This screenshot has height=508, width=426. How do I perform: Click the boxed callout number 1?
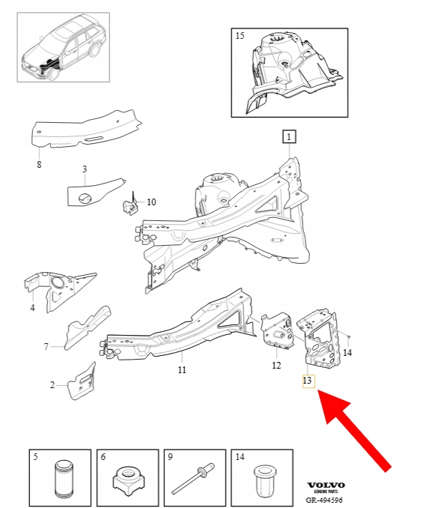pyautogui.click(x=289, y=136)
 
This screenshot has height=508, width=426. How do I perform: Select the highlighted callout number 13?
pyautogui.click(x=308, y=381)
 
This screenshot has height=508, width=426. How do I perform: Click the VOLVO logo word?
pyautogui.click(x=326, y=485)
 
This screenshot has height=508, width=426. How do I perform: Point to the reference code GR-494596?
pyautogui.click(x=324, y=501)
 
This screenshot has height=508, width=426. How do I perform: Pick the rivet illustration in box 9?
pyautogui.click(x=193, y=479)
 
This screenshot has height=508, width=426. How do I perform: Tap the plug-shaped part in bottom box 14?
pyautogui.click(x=263, y=481)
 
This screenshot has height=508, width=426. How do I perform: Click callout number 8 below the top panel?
pyautogui.click(x=39, y=165)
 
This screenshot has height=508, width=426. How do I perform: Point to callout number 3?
pyautogui.click(x=85, y=169)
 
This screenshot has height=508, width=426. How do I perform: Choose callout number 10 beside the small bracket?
pyautogui.click(x=151, y=202)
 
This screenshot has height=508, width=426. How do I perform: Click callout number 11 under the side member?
pyautogui.click(x=182, y=369)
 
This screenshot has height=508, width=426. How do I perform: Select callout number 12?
pyautogui.click(x=276, y=366)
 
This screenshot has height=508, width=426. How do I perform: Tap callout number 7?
pyautogui.click(x=46, y=347)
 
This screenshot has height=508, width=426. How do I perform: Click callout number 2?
pyautogui.click(x=52, y=385)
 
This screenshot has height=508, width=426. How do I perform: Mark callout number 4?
pyautogui.click(x=32, y=307)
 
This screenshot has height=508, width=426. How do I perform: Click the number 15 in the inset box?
pyautogui.click(x=240, y=36)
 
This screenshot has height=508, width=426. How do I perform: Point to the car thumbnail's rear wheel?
pyautogui.click(x=94, y=51)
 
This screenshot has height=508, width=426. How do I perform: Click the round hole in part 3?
pyautogui.click(x=85, y=198)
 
